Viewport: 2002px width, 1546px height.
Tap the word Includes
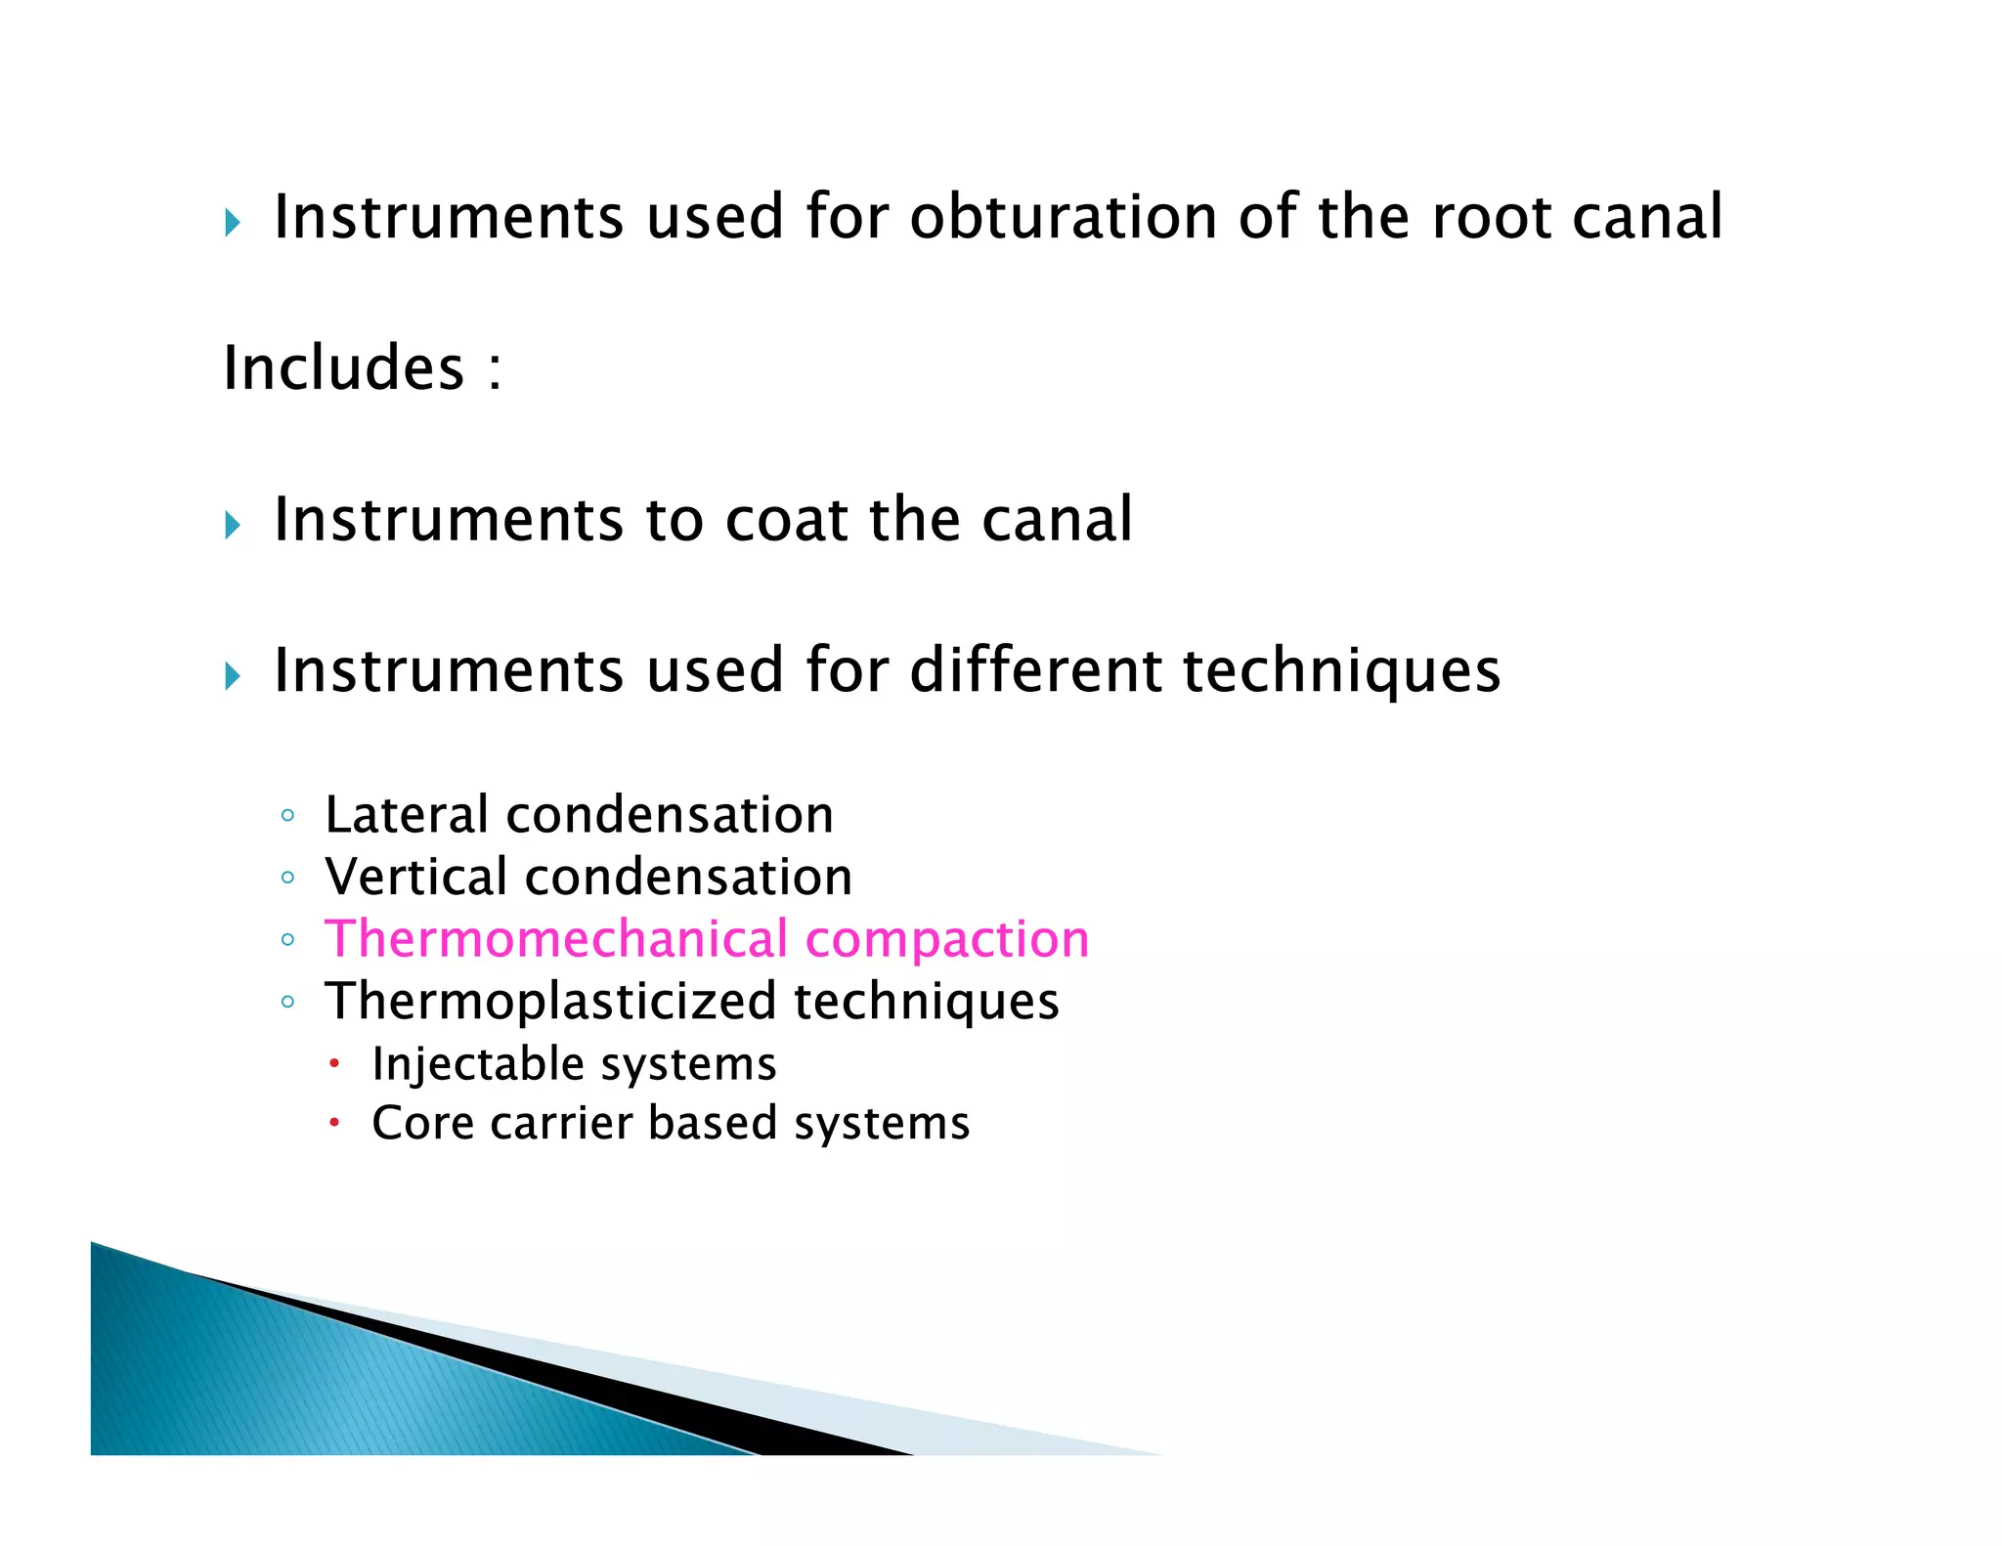tap(344, 368)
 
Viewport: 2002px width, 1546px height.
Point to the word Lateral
tap(406, 815)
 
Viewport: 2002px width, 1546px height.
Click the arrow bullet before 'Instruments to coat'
tap(233, 526)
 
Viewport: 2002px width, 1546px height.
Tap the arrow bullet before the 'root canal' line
tap(233, 224)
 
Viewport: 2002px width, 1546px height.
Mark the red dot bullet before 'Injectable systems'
tap(334, 1063)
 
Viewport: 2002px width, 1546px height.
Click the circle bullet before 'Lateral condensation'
tap(287, 816)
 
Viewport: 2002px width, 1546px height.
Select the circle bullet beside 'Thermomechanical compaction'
tap(287, 940)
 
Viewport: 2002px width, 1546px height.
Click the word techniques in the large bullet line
tap(1341, 672)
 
